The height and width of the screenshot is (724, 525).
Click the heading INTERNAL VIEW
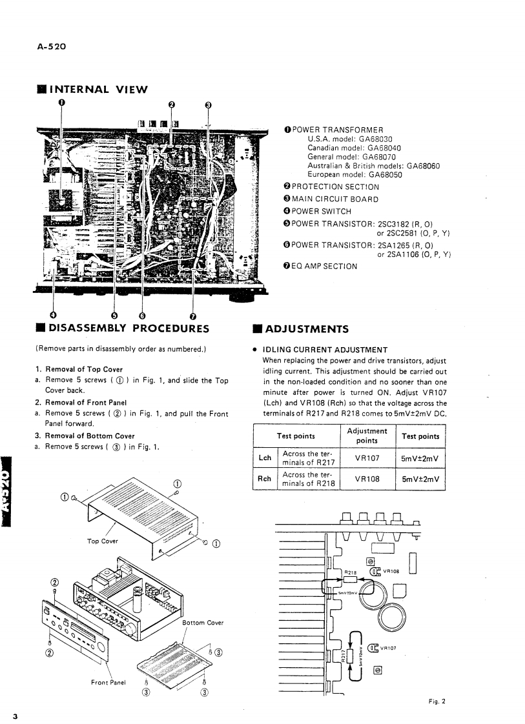pyautogui.click(x=98, y=89)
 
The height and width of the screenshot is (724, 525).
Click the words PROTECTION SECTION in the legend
pyautogui.click(x=336, y=187)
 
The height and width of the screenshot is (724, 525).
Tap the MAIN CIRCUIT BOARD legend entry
pyautogui.click(x=336, y=199)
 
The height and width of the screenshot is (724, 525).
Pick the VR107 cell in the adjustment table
pyautogui.click(x=367, y=458)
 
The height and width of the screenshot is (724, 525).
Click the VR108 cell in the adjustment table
pyautogui.click(x=367, y=479)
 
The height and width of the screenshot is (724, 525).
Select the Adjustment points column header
pyautogui.click(x=367, y=435)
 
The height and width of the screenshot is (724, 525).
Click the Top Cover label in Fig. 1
pyautogui.click(x=103, y=541)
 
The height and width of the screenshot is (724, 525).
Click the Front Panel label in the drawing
pyautogui.click(x=108, y=681)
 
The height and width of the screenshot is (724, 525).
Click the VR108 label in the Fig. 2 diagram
pyautogui.click(x=393, y=570)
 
